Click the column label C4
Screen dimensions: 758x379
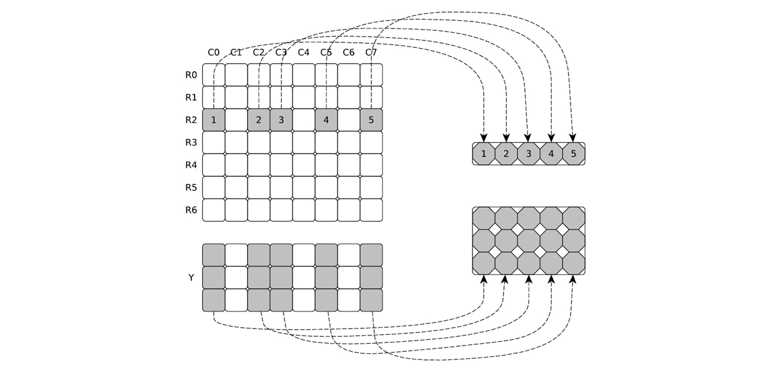coord(304,52)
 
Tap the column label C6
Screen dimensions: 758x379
coord(349,52)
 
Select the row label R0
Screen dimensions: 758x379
coord(191,75)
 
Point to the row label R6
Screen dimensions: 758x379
coord(191,210)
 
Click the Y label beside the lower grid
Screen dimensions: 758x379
coord(191,277)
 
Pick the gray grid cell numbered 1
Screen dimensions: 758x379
coord(214,120)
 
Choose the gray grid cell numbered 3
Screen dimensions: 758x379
coord(281,120)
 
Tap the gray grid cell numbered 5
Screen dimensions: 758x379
coord(371,120)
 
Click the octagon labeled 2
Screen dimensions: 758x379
coord(506,153)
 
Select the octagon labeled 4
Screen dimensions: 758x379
coord(551,153)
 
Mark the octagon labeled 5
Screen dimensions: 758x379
coord(574,153)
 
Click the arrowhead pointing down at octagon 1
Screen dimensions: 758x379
coord(484,138)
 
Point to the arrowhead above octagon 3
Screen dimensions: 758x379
coord(527,138)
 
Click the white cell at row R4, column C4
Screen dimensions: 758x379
coord(304,165)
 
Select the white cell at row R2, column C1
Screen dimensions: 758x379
coord(236,120)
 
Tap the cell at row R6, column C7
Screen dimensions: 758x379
coord(371,210)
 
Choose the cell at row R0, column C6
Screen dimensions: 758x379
coord(349,75)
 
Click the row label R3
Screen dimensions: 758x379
coord(191,143)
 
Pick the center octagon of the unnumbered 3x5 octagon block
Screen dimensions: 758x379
coord(529,241)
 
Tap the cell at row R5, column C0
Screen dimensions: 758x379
coord(214,188)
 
